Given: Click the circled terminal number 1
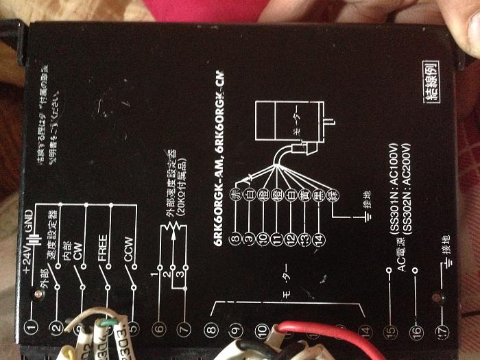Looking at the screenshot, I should coord(29,327).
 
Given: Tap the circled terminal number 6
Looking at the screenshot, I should coord(159,328).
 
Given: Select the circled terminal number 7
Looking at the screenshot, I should coord(183,328).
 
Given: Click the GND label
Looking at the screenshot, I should coord(28,218).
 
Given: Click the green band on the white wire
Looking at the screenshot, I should coord(108,321).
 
